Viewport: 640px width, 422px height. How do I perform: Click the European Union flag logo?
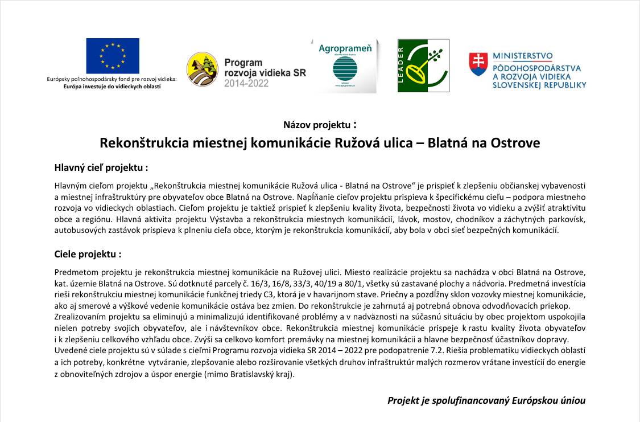(113, 56)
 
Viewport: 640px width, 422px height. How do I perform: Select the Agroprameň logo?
(345, 65)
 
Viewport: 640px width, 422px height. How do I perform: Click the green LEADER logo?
(423, 65)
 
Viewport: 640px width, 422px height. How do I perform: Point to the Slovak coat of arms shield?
(478, 64)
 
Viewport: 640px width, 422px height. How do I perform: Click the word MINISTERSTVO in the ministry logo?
(522, 56)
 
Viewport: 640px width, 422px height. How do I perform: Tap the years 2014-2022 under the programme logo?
(246, 83)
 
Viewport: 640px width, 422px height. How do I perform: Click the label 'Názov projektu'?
(317, 125)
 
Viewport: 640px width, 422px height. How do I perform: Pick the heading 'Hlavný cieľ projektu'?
(101, 168)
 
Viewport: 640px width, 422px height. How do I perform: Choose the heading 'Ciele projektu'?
(88, 255)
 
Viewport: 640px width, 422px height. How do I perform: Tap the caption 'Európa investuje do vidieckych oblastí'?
(112, 86)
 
